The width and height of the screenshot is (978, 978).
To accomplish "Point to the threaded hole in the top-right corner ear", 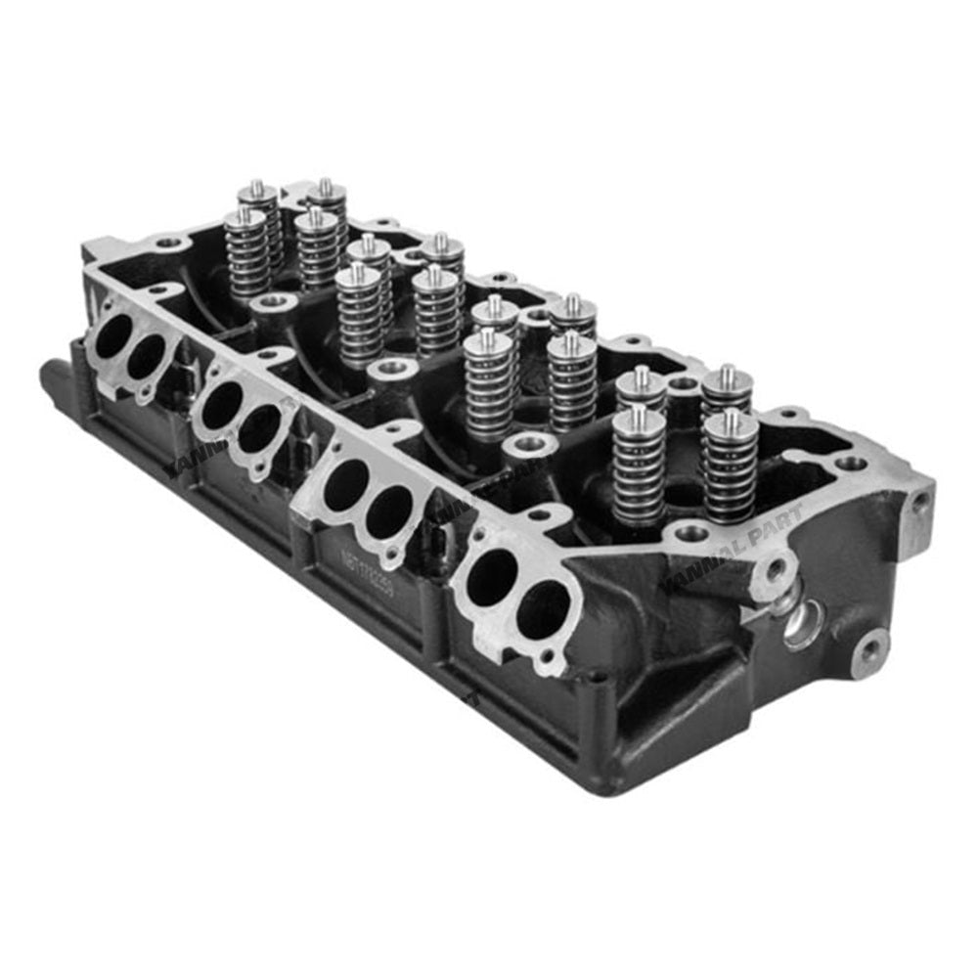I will [919, 503].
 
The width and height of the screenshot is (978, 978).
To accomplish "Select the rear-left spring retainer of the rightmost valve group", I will [642, 385].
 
